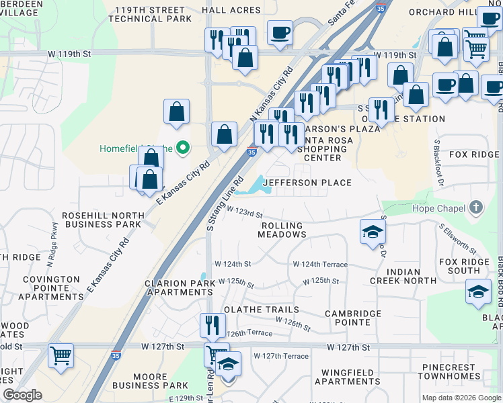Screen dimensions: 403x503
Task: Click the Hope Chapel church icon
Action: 476,208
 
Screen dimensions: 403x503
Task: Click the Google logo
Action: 23,395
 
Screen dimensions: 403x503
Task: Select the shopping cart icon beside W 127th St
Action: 61,355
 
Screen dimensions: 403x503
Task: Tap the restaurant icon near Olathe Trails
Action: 212,325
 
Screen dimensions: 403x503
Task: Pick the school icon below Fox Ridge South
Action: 478,292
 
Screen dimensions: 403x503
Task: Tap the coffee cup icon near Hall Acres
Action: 279,32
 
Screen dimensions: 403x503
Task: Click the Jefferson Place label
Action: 307,183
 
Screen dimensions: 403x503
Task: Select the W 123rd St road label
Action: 243,212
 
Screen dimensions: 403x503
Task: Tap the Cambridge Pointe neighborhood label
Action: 353,318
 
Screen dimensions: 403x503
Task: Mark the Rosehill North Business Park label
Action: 102,220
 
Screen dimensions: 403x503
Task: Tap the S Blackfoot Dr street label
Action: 440,162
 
